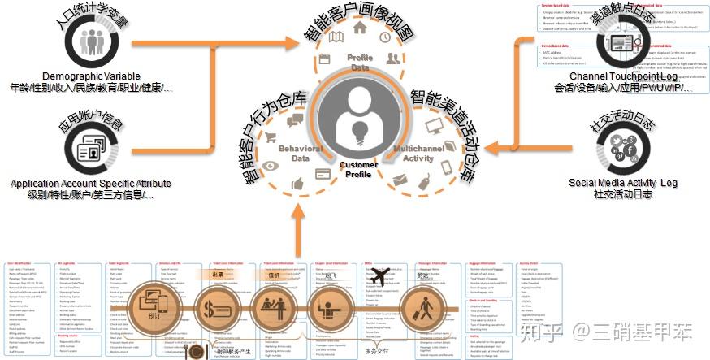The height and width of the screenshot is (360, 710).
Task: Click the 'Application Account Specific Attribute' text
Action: pos(93,184)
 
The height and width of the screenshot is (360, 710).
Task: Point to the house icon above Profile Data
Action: pos(359,28)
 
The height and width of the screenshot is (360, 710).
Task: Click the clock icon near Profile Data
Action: pos(384,37)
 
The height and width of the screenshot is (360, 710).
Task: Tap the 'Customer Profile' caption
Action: pos(358,169)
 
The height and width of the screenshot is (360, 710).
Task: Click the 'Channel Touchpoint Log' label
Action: pos(624,76)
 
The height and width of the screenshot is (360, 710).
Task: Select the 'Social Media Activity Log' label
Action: pos(623,184)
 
